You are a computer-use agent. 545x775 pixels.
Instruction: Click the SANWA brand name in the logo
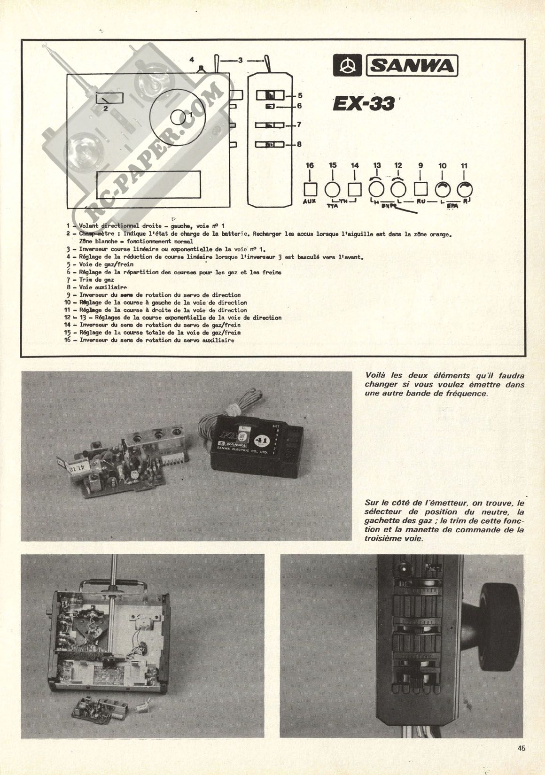(412, 67)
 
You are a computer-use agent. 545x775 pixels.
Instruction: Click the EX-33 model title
(363, 104)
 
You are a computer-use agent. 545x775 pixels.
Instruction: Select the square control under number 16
(310, 189)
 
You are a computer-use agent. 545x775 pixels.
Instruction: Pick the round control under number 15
(333, 189)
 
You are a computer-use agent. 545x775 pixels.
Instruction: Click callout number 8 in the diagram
(300, 145)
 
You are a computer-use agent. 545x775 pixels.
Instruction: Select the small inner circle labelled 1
(179, 117)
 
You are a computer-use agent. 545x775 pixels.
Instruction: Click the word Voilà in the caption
(375, 375)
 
